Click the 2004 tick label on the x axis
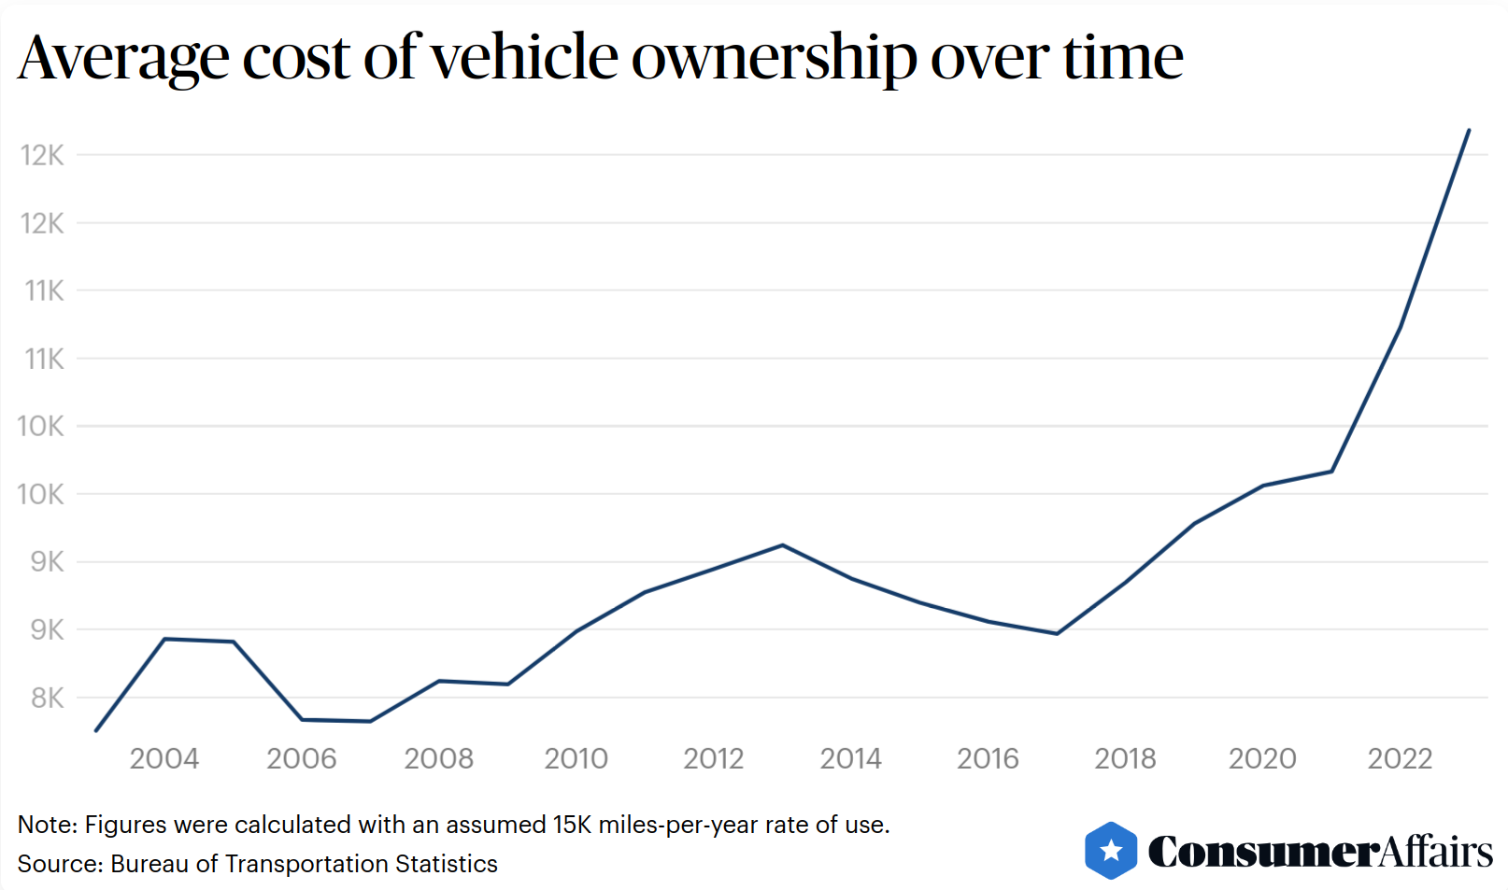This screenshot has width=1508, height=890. tap(164, 758)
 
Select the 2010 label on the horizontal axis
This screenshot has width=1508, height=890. tap(576, 758)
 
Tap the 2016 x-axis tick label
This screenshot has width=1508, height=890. tap(988, 758)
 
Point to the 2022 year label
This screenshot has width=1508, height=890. tap(1400, 758)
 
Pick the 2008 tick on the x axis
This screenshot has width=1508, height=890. tap(438, 758)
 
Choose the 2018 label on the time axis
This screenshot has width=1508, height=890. tap(1125, 758)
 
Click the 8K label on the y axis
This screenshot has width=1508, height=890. tap(47, 698)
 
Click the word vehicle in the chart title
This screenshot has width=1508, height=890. tap(525, 57)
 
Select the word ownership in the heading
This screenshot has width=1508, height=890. tap(775, 57)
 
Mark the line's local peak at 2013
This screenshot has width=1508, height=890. tap(783, 545)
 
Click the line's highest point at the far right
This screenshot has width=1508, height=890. tap(1469, 131)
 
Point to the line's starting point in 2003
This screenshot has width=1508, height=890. tap(96, 730)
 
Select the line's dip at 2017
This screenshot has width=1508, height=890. tap(1057, 634)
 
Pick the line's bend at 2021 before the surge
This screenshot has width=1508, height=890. tap(1331, 472)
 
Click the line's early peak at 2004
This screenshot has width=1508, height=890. tap(164, 639)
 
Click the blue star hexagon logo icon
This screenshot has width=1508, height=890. tap(1111, 851)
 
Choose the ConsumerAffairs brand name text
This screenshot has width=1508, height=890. tap(1319, 851)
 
